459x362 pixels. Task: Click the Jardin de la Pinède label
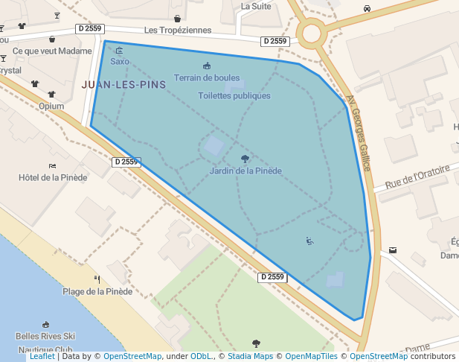coord(245,171)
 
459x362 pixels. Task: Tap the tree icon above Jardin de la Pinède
coord(245,159)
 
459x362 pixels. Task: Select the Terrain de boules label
coord(207,77)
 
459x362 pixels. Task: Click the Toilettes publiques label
coord(234,96)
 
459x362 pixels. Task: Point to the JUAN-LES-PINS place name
coord(123,85)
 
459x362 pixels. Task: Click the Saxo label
coord(120,61)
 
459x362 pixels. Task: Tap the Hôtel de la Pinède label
coord(53,177)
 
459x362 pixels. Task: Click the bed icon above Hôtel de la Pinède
coord(52,165)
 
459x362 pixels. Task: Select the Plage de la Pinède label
coord(97,291)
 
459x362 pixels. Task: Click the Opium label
coord(51,106)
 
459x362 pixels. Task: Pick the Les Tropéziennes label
coord(178,31)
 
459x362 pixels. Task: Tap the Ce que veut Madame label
coord(53,51)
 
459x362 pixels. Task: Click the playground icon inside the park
coord(309,241)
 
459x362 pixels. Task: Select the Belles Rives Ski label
coord(46,337)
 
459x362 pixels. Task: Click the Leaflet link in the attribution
coord(42,357)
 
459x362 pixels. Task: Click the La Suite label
coord(256,6)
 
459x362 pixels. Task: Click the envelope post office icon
coord(393,250)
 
